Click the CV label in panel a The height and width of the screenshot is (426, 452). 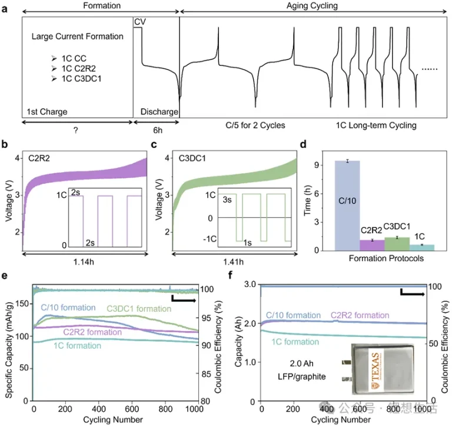[x=140, y=22]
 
